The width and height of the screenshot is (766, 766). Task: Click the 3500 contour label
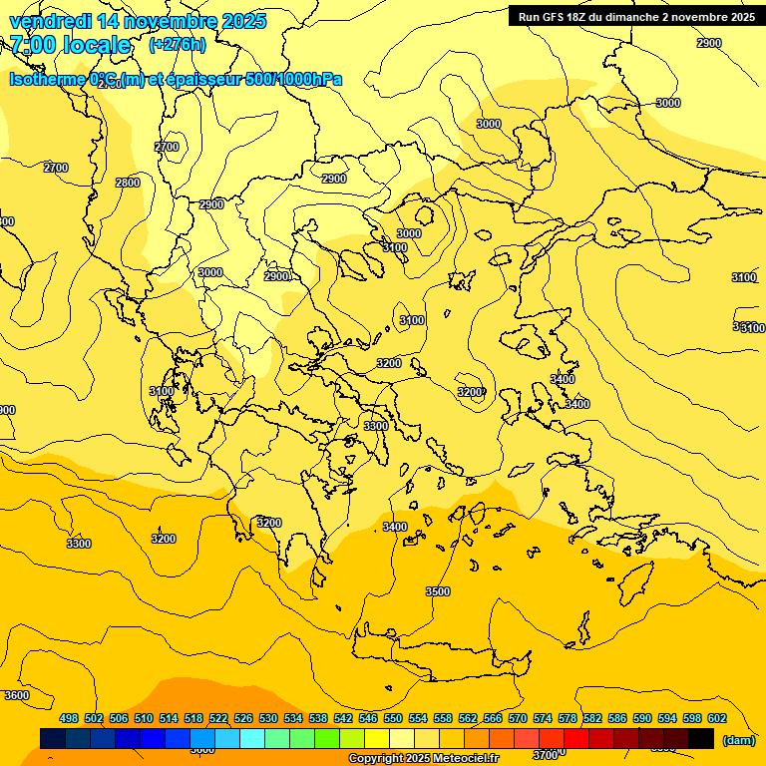(x=437, y=591)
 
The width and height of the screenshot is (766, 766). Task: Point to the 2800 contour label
(x=128, y=183)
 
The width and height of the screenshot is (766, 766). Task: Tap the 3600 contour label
(x=17, y=695)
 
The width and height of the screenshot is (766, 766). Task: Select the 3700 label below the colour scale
(x=545, y=755)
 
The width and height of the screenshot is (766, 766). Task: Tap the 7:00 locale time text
(x=70, y=45)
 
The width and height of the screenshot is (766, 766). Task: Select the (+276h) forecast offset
(x=178, y=45)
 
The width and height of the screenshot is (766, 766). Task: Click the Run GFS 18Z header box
(x=635, y=16)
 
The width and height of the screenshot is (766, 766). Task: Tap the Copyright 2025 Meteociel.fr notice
(x=423, y=759)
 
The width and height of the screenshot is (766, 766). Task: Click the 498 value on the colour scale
(x=69, y=718)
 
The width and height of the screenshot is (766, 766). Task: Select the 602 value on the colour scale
(x=717, y=718)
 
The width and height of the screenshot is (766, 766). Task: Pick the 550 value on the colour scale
(x=393, y=718)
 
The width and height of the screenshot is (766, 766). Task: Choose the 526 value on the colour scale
(x=243, y=718)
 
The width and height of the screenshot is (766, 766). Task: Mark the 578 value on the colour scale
(x=568, y=718)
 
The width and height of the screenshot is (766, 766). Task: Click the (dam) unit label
(x=739, y=740)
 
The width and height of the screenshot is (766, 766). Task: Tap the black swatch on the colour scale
(x=701, y=738)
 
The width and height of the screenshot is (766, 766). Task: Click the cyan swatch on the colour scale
(x=252, y=738)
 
